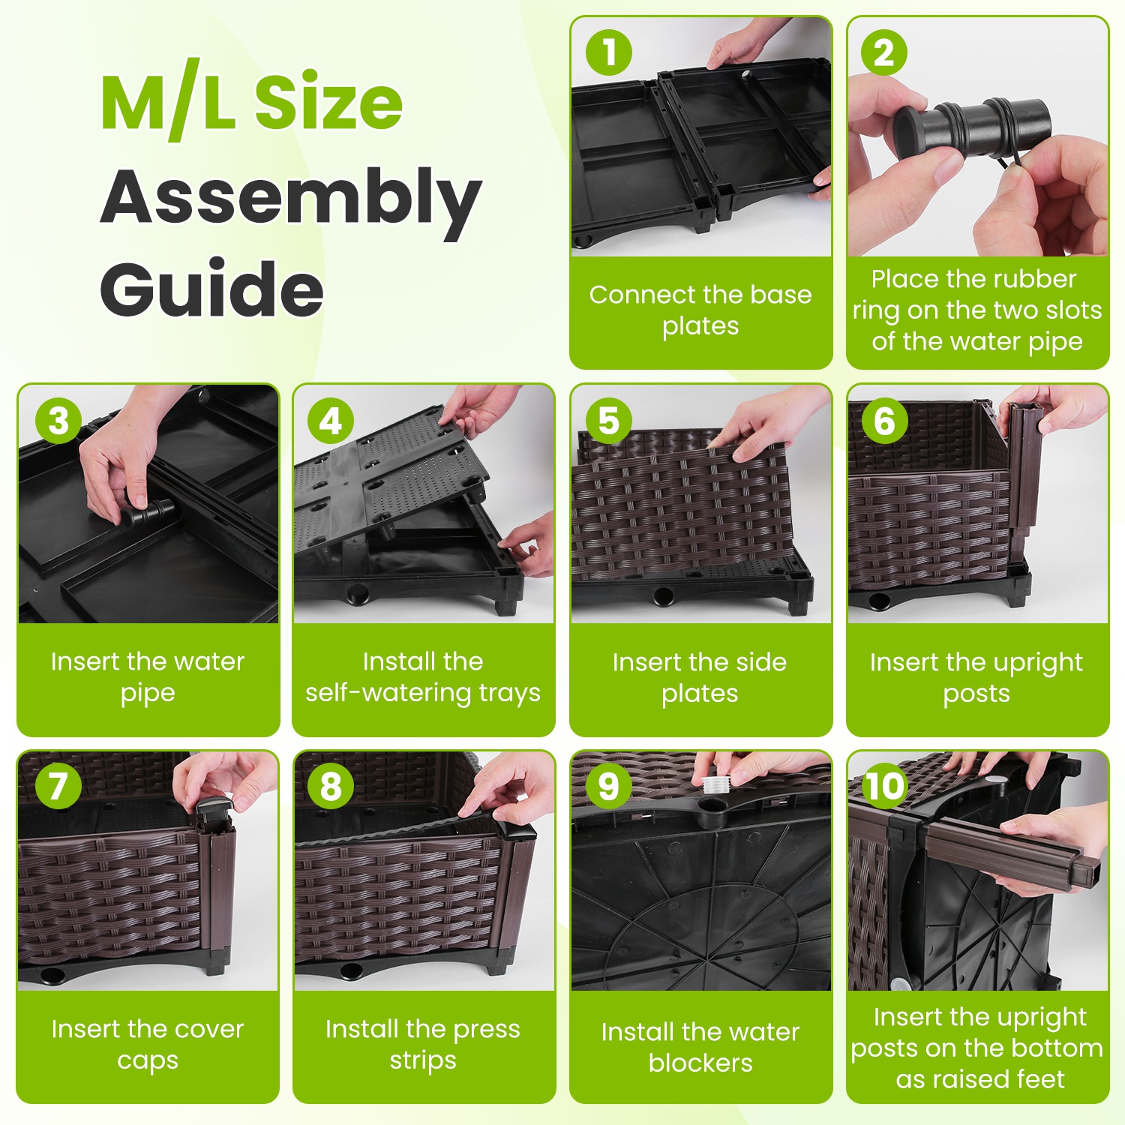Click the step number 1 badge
pos(608,52)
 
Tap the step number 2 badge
pos(884,52)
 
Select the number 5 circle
pos(608,421)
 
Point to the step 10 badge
pos(885,786)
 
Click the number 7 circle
pos(58,786)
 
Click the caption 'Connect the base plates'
pos(700,310)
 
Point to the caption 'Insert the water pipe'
pos(148,676)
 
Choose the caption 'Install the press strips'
pos(423,1044)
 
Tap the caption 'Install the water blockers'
pos(700,1047)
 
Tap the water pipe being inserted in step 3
pos(149,512)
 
